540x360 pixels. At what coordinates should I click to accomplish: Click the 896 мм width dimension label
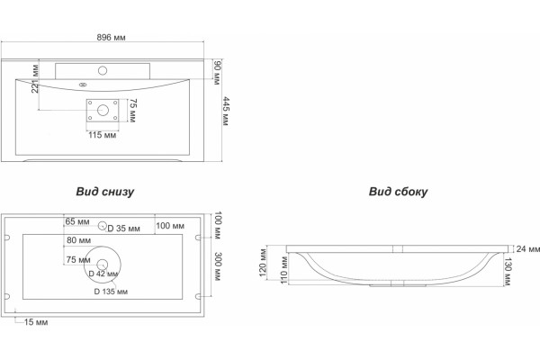[111, 37]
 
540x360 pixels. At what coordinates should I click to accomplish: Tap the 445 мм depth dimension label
[226, 112]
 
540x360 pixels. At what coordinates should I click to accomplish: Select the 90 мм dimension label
[217, 72]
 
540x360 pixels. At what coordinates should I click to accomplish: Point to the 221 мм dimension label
[35, 78]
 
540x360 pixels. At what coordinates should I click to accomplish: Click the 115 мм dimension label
[103, 135]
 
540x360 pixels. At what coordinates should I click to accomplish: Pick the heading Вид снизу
[105, 192]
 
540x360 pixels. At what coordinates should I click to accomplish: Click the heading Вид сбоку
[398, 192]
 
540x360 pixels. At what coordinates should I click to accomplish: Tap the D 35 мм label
[123, 229]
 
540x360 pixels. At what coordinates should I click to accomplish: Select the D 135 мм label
[111, 292]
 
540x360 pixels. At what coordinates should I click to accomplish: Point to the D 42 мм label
[103, 274]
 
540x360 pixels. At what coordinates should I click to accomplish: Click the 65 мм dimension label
[77, 221]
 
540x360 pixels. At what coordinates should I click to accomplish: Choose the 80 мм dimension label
[79, 240]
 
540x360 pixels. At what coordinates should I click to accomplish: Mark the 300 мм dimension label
[218, 266]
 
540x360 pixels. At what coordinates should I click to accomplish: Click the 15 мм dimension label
[36, 322]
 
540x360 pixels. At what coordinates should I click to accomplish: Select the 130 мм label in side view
[508, 272]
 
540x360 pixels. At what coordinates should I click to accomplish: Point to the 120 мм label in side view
[263, 263]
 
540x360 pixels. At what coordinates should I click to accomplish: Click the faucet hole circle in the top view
[103, 71]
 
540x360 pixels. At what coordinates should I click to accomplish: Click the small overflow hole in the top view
[83, 85]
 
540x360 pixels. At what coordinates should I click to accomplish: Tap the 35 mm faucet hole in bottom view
[102, 226]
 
